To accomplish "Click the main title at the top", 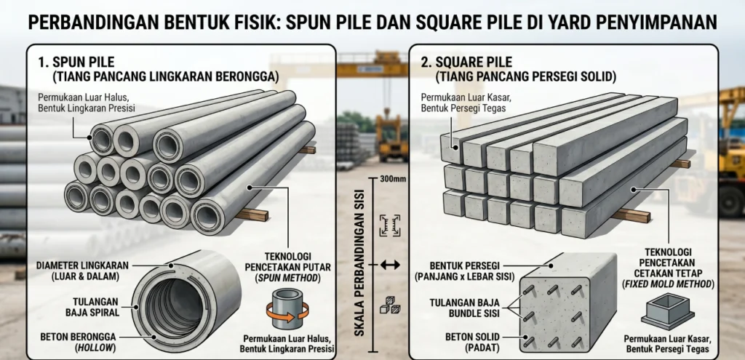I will pos(372,22).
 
